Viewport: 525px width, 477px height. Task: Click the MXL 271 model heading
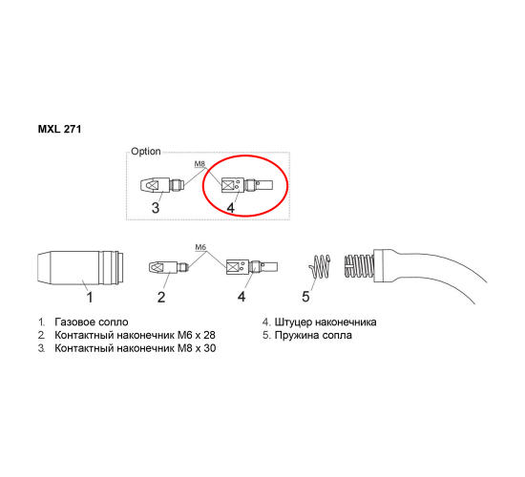pyautogui.click(x=59, y=129)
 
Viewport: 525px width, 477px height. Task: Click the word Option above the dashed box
pyautogui.click(x=146, y=152)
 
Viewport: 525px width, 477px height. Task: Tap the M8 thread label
pyautogui.click(x=199, y=164)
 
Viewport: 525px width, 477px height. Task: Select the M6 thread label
pyautogui.click(x=200, y=247)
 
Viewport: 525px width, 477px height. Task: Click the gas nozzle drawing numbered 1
pyautogui.click(x=80, y=267)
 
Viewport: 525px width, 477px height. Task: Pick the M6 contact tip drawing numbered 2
pyautogui.click(x=168, y=267)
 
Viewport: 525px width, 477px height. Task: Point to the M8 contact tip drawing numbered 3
pyautogui.click(x=161, y=185)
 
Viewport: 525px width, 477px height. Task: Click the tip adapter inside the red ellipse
pyautogui.click(x=247, y=185)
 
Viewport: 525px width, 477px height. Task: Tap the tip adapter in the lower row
pyautogui.click(x=252, y=267)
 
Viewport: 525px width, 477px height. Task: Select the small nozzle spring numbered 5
pyautogui.click(x=320, y=267)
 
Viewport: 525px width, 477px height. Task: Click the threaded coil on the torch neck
pyautogui.click(x=359, y=266)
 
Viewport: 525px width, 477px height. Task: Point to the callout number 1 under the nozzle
pyautogui.click(x=90, y=297)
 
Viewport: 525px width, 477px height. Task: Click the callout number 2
pyautogui.click(x=161, y=297)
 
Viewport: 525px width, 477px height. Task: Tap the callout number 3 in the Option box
pyautogui.click(x=156, y=208)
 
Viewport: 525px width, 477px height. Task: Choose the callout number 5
pyautogui.click(x=305, y=297)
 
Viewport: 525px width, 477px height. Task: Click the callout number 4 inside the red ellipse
pyautogui.click(x=231, y=208)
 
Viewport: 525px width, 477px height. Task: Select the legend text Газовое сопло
pyautogui.click(x=92, y=322)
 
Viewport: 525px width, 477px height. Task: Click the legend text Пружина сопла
pyautogui.click(x=313, y=335)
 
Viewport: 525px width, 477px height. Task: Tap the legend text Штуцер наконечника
pyautogui.click(x=325, y=322)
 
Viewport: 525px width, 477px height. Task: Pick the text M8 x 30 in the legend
pyautogui.click(x=197, y=348)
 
